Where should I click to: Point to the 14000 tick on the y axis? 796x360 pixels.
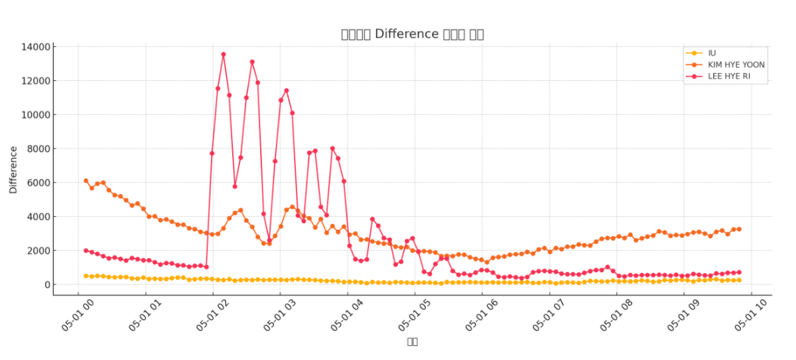coord(36,47)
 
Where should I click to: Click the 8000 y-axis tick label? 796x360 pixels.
coord(38,149)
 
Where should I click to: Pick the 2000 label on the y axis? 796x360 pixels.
coord(38,251)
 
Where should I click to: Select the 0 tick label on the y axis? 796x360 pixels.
coord(47,284)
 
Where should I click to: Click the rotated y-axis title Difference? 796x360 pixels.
coord(14,170)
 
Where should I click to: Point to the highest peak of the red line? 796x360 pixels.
coord(224,54)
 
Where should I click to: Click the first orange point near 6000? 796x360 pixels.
coord(86,180)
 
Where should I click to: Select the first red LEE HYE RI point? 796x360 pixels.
coord(86,251)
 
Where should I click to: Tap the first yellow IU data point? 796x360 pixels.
coord(86,276)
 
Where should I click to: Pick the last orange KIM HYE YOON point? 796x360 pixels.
coord(739,229)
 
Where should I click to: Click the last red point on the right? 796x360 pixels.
coord(739,272)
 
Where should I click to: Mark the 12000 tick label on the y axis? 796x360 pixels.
coord(36,81)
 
